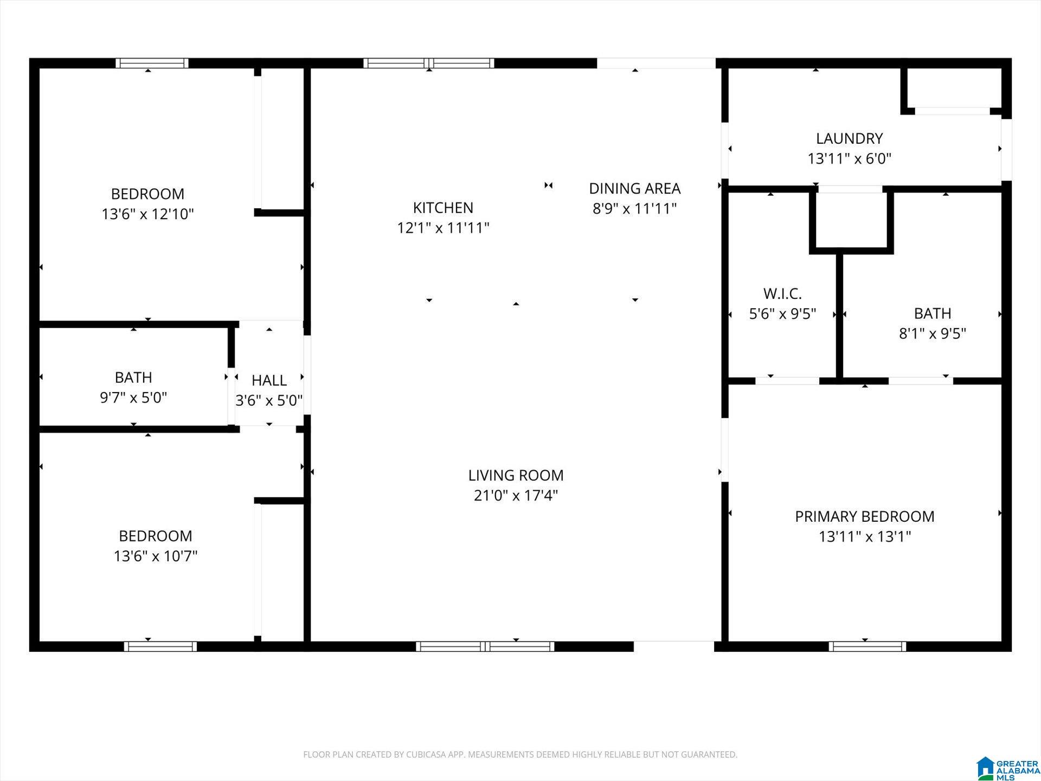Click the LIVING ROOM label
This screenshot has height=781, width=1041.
[516, 475]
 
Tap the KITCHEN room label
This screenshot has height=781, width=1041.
[443, 207]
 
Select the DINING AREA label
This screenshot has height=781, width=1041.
[634, 188]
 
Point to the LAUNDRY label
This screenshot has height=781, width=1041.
[849, 138]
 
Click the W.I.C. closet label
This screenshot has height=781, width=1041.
[782, 293]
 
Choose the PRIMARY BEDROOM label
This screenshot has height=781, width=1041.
[865, 516]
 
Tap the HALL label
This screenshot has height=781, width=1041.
[269, 380]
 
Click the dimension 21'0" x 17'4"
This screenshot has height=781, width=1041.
[516, 495]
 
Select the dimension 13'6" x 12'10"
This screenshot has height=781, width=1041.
[147, 214]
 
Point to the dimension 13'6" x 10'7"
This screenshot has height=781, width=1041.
[156, 556]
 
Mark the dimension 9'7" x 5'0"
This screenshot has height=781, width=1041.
[133, 398]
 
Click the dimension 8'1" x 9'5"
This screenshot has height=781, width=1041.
[933, 333]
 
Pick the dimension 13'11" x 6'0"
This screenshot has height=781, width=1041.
[849, 158]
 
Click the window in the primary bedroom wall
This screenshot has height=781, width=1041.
[867, 646]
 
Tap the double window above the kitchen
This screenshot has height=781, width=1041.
[428, 63]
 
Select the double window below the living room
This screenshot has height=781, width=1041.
[485, 646]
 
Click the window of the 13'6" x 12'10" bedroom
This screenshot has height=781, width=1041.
[152, 63]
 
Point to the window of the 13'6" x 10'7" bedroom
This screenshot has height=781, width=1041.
[160, 646]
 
